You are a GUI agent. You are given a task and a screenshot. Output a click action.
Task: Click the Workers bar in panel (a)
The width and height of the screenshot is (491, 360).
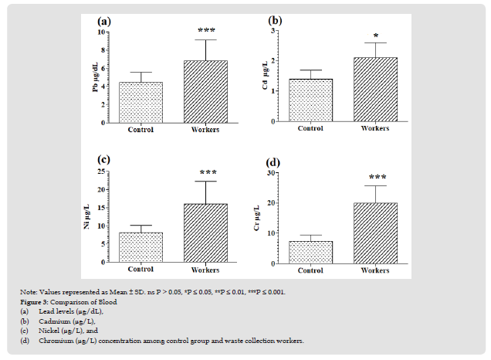[205, 91]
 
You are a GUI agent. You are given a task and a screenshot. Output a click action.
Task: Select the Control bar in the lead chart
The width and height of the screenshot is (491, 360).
[141, 102]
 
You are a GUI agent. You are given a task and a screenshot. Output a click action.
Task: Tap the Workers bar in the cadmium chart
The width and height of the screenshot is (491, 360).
[375, 90]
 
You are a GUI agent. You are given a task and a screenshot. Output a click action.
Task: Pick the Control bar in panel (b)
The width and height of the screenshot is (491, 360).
[310, 100]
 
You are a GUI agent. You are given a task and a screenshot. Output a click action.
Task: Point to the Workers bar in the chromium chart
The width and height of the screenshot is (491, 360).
[375, 233]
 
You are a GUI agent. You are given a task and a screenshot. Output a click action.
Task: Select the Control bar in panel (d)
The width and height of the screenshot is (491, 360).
[310, 252]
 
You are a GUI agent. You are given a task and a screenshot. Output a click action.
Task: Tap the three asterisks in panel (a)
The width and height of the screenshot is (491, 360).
[206, 31]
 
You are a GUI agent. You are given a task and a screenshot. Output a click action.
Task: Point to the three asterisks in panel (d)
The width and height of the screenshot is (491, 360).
[375, 177]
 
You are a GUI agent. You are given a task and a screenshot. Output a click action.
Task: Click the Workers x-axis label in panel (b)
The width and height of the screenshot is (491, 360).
[375, 129]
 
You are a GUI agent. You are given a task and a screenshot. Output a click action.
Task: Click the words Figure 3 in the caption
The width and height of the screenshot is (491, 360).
[36, 302]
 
